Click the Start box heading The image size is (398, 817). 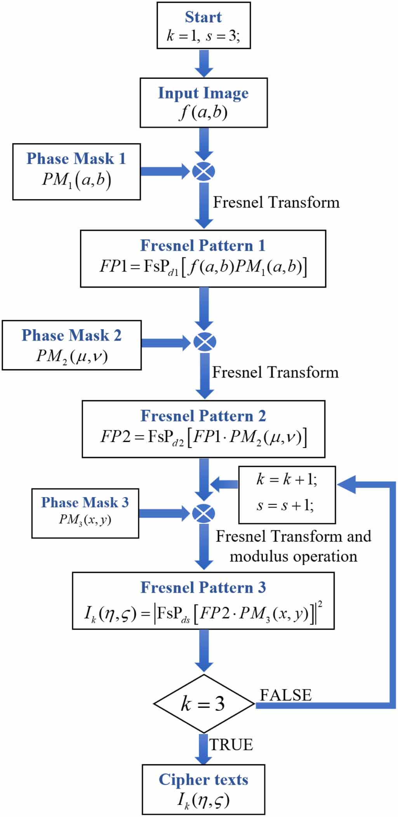[x=203, y=17]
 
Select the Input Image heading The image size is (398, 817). [x=203, y=93]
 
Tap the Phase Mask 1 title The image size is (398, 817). [x=76, y=159]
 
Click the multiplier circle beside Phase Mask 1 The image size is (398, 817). [x=203, y=171]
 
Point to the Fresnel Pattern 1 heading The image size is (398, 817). [x=203, y=246]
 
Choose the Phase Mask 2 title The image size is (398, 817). [x=71, y=335]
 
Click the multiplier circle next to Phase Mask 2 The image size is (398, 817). [x=204, y=342]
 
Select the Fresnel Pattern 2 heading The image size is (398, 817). [x=203, y=416]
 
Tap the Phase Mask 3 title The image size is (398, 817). [x=85, y=503]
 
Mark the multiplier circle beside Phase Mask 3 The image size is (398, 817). [x=203, y=513]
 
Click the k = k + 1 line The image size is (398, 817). [x=287, y=480]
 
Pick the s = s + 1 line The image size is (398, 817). [x=285, y=505]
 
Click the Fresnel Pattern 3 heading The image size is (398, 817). [x=203, y=588]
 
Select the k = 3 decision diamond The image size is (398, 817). [x=203, y=703]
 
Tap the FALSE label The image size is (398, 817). [x=286, y=695]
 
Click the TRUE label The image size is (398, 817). [x=231, y=745]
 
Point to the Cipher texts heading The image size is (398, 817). [x=203, y=780]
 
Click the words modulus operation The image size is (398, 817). [x=293, y=557]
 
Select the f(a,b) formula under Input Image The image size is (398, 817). [x=203, y=113]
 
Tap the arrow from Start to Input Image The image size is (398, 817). [x=203, y=63]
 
